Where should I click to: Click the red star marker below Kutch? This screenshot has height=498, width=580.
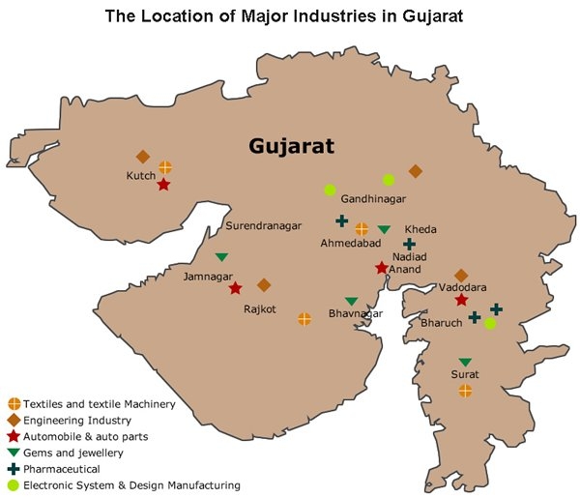[163, 184]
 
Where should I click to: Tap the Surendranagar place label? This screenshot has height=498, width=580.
[263, 225]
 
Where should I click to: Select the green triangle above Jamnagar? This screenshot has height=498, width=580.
[221, 256]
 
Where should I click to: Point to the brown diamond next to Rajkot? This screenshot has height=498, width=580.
[264, 285]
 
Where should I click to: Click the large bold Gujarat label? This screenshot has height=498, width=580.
[291, 147]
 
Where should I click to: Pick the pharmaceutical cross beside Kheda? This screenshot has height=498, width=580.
[409, 245]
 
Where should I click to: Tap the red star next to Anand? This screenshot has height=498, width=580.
[382, 268]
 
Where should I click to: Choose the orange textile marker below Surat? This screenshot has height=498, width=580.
[465, 391]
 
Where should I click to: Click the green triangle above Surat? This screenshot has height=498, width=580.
[465, 362]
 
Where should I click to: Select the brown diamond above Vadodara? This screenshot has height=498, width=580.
[461, 276]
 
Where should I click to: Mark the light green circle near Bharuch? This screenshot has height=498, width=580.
[490, 324]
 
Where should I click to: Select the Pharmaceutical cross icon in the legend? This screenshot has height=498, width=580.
[14, 469]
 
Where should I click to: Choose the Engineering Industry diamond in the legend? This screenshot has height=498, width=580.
[14, 420]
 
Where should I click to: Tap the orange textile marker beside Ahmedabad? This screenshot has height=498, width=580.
[362, 229]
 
